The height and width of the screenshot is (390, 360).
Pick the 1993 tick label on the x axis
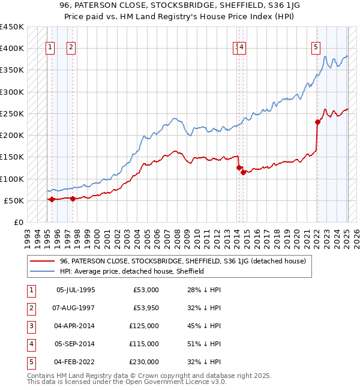(27, 236)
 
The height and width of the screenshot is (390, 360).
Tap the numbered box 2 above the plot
(71, 47)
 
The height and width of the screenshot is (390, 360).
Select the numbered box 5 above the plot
(316, 47)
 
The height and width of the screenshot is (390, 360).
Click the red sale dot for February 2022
(317, 122)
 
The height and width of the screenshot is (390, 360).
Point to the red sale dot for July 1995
(52, 199)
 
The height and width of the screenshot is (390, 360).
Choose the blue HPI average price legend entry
(132, 271)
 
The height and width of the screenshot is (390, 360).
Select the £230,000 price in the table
(144, 362)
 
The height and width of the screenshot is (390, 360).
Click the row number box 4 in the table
(29, 344)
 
